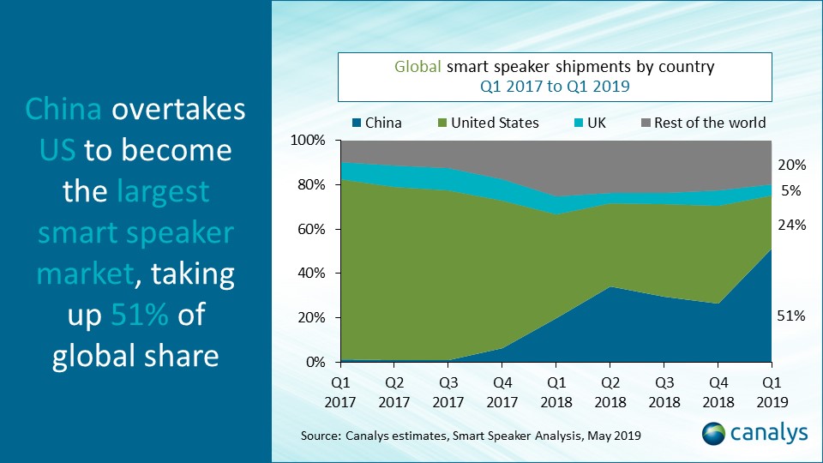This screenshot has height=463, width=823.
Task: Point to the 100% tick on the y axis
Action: [x=308, y=140]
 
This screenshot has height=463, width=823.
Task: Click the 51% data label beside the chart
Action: [x=790, y=316]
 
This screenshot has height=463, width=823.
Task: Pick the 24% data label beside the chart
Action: [x=790, y=225]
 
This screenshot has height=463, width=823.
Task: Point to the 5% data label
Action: [x=793, y=191]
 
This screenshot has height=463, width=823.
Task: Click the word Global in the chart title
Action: [x=417, y=67]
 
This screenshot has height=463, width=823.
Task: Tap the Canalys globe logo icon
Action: [x=716, y=433]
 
